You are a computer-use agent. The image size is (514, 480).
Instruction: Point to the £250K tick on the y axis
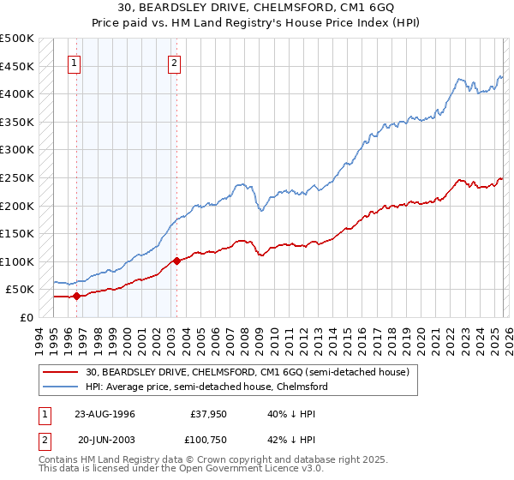[x=17, y=177]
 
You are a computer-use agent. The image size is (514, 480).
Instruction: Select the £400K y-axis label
[x=17, y=93]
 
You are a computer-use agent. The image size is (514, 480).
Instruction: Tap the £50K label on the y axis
[x=20, y=290]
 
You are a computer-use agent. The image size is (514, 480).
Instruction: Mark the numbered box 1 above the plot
[x=75, y=63]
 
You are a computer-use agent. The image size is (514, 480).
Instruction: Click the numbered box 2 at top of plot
[x=175, y=63]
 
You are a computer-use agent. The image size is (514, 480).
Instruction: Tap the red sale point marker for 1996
[x=77, y=297]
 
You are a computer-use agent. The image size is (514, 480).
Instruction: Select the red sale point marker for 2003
[x=176, y=261]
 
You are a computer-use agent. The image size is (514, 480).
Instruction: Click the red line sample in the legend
[x=62, y=372]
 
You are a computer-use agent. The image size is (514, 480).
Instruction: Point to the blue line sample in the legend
[x=62, y=387]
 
